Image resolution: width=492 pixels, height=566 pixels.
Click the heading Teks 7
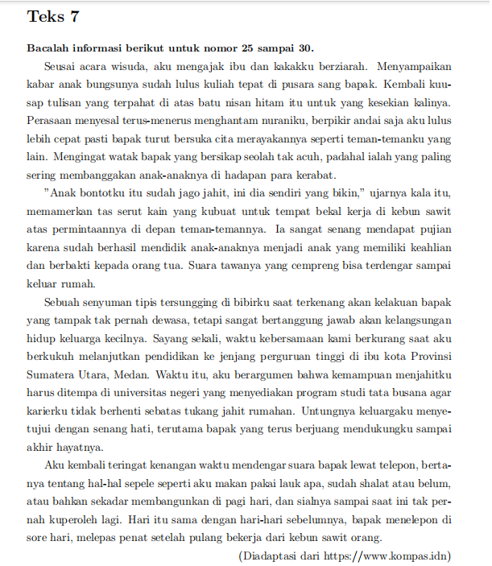(x=53, y=16)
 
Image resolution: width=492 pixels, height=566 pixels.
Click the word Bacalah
(x=48, y=48)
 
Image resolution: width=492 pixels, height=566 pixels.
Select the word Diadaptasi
(x=271, y=556)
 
